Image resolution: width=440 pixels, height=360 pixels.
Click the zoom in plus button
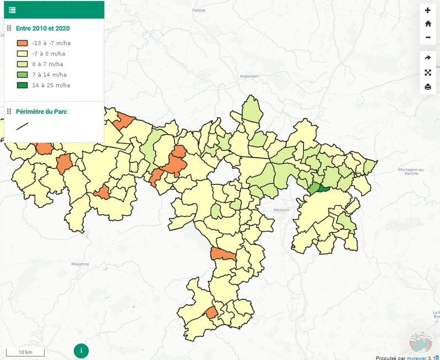coord(428,10)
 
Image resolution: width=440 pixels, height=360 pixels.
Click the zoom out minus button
coord(428,37)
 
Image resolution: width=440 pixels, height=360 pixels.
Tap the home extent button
coord(428,24)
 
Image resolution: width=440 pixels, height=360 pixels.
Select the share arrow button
coord(428,58)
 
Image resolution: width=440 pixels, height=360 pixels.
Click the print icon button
coord(428,87)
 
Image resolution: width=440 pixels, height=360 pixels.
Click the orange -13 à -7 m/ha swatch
coord(22,43)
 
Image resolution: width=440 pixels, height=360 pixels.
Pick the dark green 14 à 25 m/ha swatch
coord(22,85)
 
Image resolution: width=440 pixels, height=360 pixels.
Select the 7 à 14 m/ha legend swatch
coord(22,75)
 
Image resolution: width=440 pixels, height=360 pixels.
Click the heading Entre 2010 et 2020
coord(43,29)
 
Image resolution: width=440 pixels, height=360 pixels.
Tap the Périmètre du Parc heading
coord(41,112)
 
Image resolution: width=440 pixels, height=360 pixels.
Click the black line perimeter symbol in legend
coord(22,126)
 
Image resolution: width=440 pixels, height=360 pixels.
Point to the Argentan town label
coord(249,76)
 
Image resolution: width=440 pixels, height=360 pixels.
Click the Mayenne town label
coord(80,264)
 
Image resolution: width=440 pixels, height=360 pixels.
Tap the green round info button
coord(81,350)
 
